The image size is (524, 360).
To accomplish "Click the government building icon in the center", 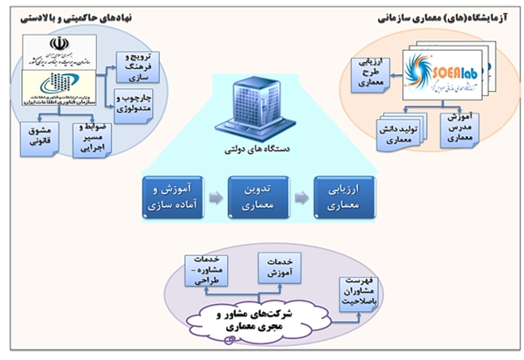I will point(258,109).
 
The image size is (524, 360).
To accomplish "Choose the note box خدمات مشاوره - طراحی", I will point(207,266).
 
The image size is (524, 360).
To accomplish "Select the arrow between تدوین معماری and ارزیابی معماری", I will point(301,197).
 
